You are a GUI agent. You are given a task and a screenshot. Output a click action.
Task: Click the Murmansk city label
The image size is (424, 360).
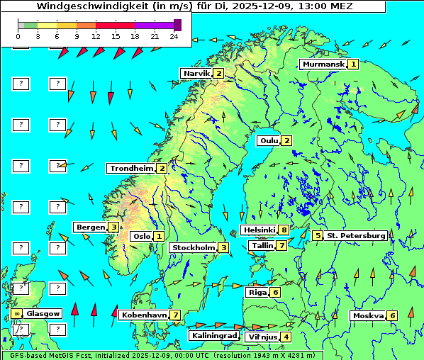click(323, 64)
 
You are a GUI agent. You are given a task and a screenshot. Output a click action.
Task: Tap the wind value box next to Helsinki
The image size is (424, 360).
click(284, 230)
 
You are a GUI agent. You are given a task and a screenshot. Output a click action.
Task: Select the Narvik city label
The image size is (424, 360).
click(196, 73)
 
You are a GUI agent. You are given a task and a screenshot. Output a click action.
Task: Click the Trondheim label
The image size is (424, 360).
click(130, 168)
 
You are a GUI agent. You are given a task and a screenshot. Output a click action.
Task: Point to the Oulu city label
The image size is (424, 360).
click(268, 140)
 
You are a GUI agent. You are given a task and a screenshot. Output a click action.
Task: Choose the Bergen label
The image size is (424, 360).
click(90, 227)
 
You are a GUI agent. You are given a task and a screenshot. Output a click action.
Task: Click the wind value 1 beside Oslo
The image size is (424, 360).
click(159, 236)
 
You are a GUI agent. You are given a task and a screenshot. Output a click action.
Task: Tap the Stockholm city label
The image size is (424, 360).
click(192, 247)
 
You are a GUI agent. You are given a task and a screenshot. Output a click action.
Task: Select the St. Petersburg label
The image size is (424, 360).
click(355, 235)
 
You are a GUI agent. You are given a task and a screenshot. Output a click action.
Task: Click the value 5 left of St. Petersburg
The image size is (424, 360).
click(318, 235)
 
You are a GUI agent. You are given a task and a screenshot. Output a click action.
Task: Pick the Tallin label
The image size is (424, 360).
click(262, 246)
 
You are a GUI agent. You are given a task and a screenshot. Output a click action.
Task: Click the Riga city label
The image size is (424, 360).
click(256, 292)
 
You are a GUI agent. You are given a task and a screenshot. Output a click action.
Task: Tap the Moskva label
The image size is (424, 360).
click(368, 315)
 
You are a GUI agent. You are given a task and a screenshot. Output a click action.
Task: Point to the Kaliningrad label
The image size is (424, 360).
click(213, 335)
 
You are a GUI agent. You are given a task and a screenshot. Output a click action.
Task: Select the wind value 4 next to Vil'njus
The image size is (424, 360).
click(286, 337)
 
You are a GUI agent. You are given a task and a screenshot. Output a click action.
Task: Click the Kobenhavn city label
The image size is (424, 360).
click(144, 315)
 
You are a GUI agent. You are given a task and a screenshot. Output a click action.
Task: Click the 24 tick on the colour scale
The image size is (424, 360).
click(174, 35)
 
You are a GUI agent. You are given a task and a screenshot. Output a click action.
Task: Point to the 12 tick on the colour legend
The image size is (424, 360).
click(96, 35)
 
